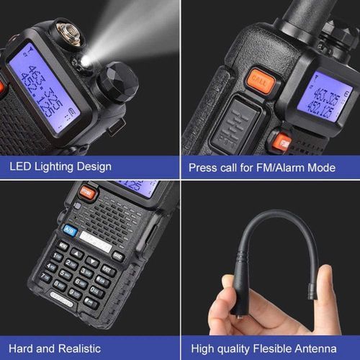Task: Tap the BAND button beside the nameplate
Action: [x=117, y=255]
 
